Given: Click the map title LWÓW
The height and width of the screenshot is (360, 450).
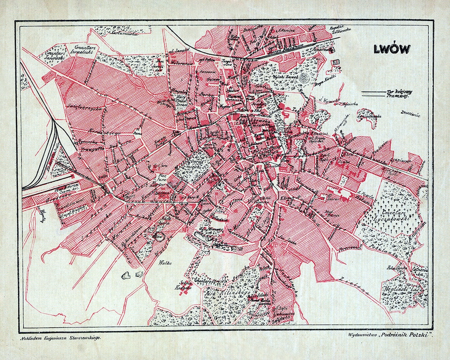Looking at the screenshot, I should tap(391, 49).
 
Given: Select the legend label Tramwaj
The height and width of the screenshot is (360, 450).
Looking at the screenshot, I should tap(398, 96).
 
